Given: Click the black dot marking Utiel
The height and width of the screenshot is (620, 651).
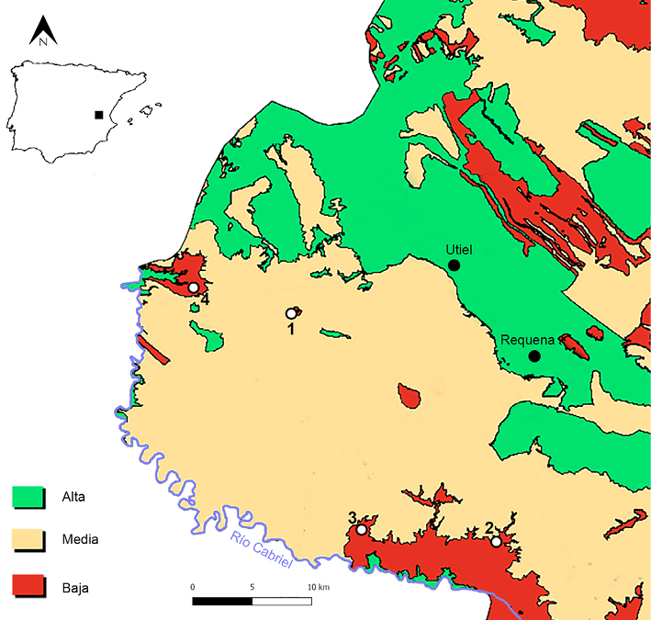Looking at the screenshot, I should (x=454, y=265).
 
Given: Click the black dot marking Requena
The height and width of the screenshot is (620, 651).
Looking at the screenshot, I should (x=533, y=356).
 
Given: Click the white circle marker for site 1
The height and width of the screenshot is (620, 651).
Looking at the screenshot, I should (x=291, y=313).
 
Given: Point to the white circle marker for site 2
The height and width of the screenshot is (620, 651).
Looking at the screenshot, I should (x=496, y=542).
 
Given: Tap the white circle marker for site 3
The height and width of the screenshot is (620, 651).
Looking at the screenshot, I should (x=362, y=530).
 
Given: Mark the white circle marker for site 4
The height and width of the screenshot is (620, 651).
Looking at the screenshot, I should (x=194, y=288).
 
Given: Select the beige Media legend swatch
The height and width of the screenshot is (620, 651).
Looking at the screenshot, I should (x=28, y=539).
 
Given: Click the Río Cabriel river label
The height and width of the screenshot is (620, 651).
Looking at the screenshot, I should (x=261, y=550).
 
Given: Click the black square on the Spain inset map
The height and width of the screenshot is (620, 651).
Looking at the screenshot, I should (x=98, y=116).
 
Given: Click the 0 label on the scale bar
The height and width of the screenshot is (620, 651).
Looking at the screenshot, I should (x=193, y=586).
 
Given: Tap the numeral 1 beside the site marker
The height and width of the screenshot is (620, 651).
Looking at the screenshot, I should (x=290, y=328).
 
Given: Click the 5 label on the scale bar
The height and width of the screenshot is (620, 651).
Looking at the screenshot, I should (x=252, y=586).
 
